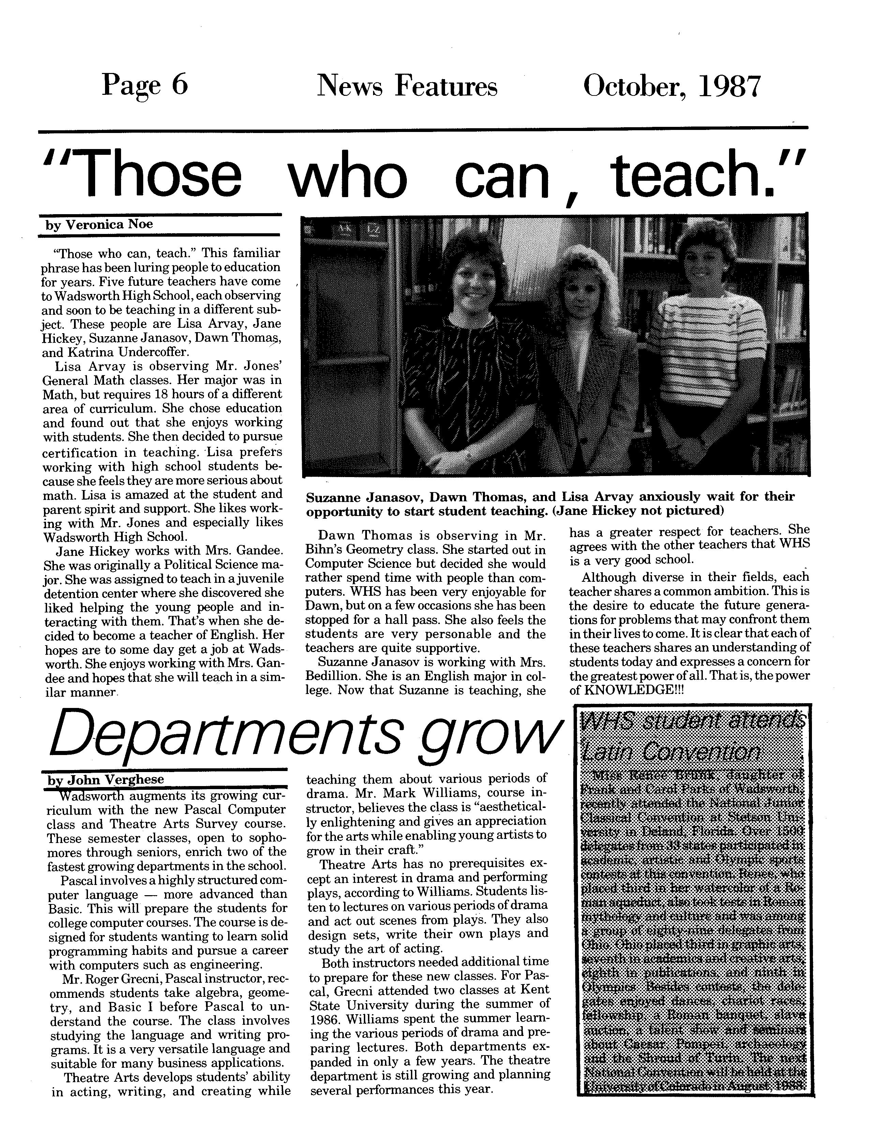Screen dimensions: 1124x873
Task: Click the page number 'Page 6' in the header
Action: (145, 86)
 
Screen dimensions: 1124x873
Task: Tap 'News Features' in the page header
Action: (407, 87)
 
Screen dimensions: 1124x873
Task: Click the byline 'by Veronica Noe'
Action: (99, 225)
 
